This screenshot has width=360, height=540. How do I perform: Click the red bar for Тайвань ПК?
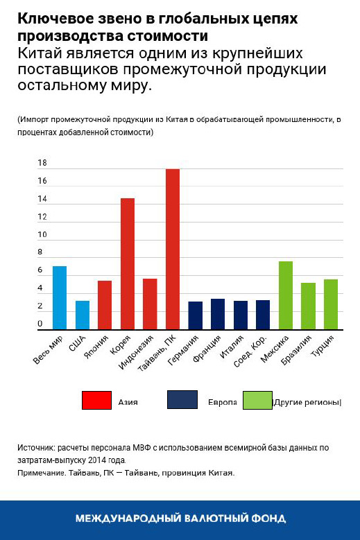173,249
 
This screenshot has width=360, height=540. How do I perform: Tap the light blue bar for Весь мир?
60,297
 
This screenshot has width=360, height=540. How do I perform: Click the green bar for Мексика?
286,295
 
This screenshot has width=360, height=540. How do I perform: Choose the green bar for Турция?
331,304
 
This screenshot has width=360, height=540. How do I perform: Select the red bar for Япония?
105,304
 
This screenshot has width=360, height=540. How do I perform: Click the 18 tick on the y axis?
42,164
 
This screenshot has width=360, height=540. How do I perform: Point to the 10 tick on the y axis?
42,235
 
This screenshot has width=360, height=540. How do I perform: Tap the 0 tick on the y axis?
40,324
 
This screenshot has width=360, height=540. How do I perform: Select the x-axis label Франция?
208,349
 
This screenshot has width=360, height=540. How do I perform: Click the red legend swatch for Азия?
96,401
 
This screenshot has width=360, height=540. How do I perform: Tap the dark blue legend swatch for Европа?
182,401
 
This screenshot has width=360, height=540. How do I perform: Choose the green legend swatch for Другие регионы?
257,401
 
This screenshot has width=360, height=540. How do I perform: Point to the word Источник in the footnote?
36,448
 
